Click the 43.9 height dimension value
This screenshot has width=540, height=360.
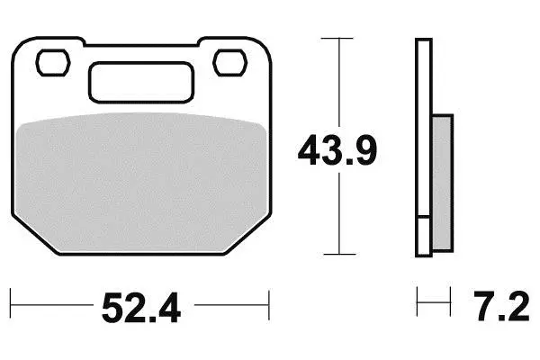pos(337,150)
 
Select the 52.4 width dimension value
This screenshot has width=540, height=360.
pos(141,307)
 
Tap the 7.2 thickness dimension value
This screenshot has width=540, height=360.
pos(501,306)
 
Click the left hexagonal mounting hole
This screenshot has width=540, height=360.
pos(53,63)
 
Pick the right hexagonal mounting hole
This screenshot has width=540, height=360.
pos(230,63)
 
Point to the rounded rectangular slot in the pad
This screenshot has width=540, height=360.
pos(141,82)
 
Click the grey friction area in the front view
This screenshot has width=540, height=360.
pos(141,183)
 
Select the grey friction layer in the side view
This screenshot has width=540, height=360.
pos(442,183)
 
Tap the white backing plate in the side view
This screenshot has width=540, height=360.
pos(424,148)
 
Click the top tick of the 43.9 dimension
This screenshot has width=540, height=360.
pos(337,38)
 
